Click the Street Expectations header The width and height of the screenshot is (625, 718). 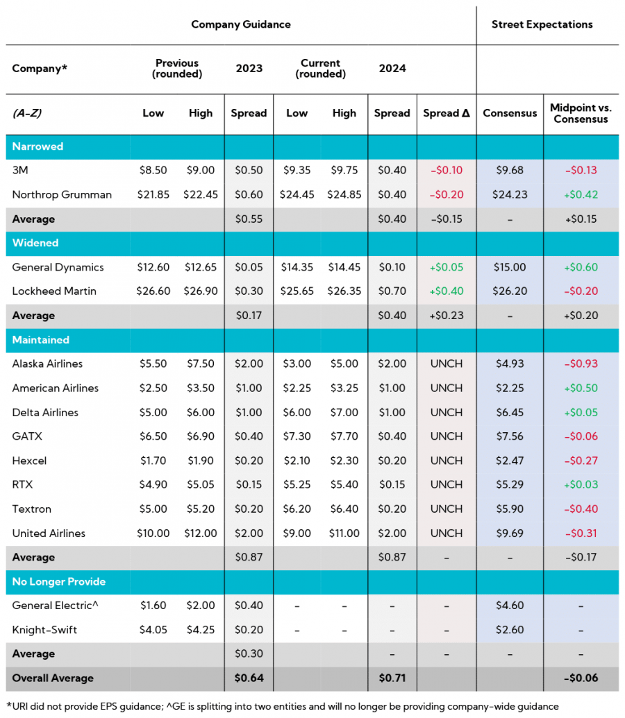542,24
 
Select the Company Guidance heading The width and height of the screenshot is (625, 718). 241,24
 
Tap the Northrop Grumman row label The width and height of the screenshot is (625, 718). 62,195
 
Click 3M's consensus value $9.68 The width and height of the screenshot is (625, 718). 510,171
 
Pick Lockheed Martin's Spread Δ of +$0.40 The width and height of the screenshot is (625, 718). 447,291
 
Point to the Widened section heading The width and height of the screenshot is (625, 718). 35,243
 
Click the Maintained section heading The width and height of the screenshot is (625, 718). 40,340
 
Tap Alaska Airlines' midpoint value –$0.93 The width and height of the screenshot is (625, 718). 581,364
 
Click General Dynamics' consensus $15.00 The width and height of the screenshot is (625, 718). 510,268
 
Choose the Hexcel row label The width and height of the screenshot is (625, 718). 29,461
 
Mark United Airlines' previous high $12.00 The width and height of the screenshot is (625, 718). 200,533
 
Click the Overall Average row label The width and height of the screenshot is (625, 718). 53,678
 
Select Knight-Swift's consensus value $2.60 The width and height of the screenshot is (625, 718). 510,630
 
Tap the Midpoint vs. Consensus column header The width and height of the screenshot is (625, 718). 581,113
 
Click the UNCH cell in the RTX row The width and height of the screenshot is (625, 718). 447,485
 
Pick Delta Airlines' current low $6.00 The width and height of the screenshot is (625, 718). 297,413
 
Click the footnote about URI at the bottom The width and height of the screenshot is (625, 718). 282,706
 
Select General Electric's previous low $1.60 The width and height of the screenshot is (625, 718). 153,606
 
